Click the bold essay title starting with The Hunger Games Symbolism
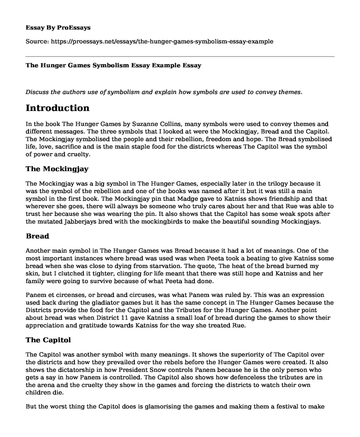point(113,65)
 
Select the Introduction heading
point(58,108)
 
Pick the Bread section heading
point(37,236)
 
